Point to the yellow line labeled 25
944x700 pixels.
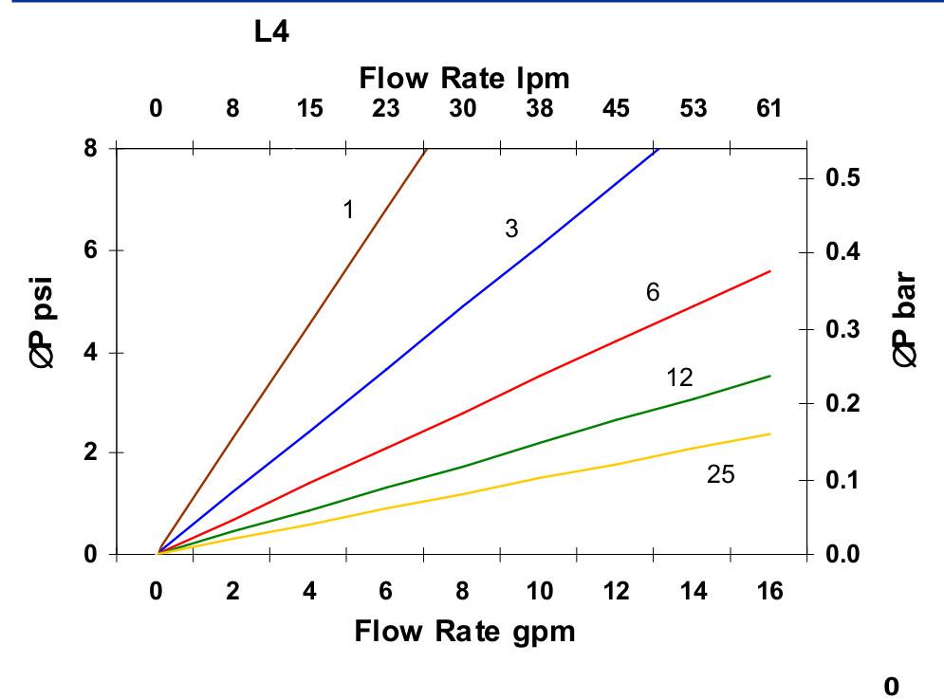[541, 477]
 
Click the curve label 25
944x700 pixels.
[720, 474]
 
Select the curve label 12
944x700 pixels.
[679, 378]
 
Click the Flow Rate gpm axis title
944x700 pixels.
[465, 631]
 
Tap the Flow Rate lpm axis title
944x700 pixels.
[465, 79]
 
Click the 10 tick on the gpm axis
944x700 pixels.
[540, 592]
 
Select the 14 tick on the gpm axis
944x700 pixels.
[694, 592]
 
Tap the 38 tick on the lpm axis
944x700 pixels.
[539, 108]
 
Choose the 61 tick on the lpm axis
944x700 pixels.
[768, 108]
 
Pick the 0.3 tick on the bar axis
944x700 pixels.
[844, 329]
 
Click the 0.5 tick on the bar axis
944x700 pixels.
[844, 178]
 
